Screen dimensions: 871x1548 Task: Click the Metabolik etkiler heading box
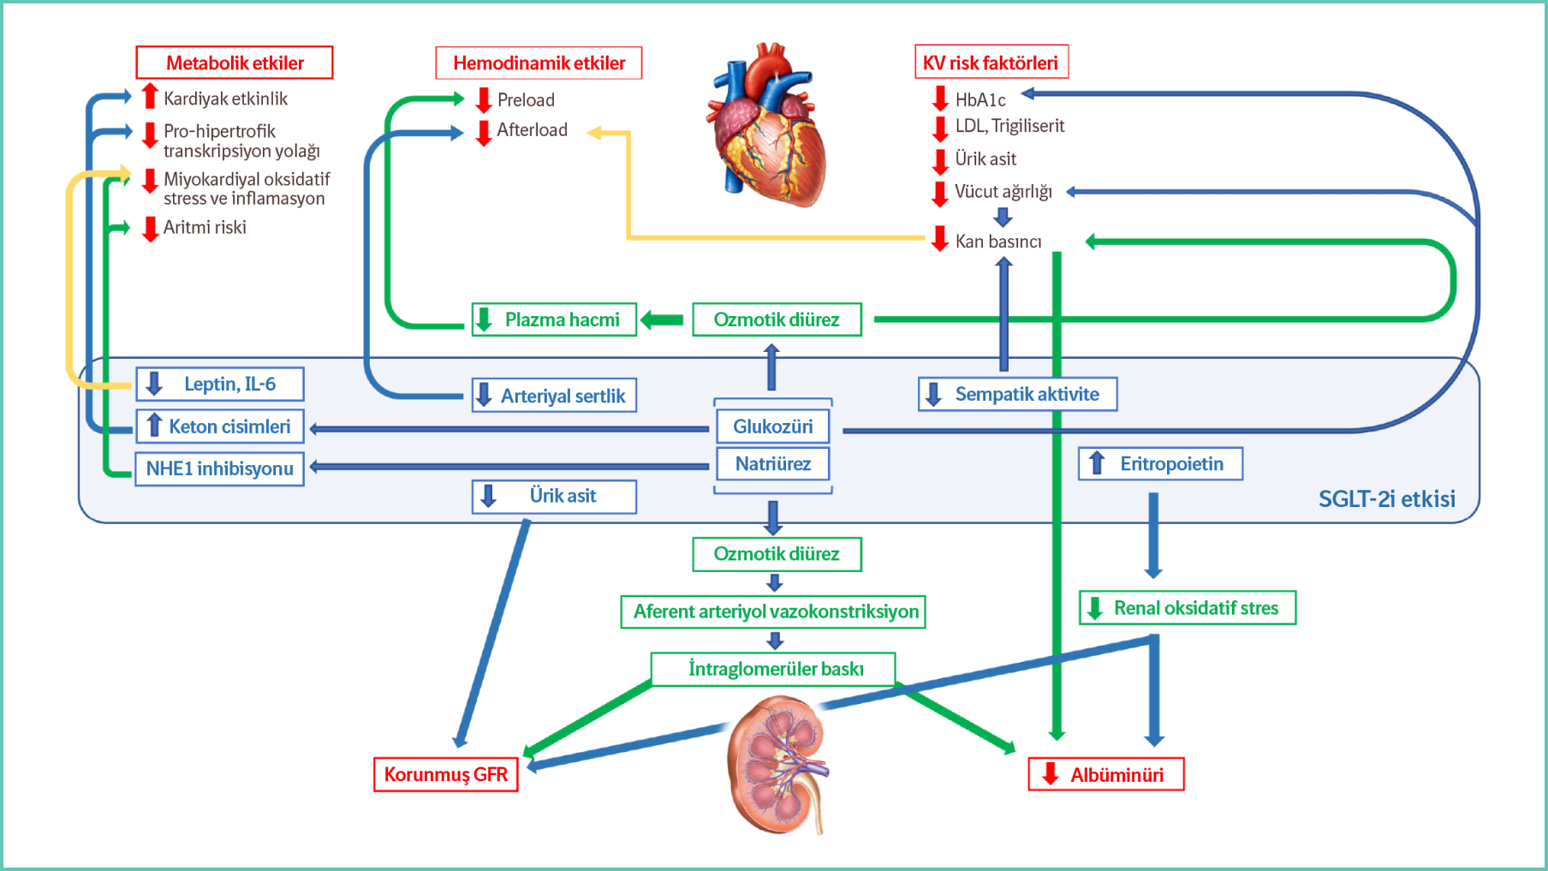pyautogui.click(x=234, y=63)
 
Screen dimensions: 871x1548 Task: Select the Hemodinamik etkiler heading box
pyautogui.click(x=539, y=63)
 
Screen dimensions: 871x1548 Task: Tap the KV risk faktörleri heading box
pyautogui.click(x=991, y=63)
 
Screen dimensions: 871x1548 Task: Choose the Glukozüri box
pyautogui.click(x=772, y=427)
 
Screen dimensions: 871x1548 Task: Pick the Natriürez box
pyautogui.click(x=772, y=464)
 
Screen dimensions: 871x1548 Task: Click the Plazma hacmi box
pyautogui.click(x=554, y=319)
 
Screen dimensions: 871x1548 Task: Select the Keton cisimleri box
pyautogui.click(x=220, y=427)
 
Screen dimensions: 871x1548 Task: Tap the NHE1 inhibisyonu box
pyautogui.click(x=219, y=468)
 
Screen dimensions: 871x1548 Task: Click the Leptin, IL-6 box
pyautogui.click(x=220, y=384)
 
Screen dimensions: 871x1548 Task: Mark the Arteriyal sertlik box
pyautogui.click(x=554, y=396)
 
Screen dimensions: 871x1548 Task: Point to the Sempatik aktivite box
pyautogui.click(x=1017, y=394)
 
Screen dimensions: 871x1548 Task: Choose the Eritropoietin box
pyautogui.click(x=1160, y=464)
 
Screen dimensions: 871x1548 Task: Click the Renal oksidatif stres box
pyautogui.click(x=1187, y=608)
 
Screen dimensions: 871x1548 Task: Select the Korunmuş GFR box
pyautogui.click(x=445, y=774)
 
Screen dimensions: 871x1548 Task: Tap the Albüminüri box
pyautogui.click(x=1105, y=774)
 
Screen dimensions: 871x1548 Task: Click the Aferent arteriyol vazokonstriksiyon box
pyautogui.click(x=773, y=611)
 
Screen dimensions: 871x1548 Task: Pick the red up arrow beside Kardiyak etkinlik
pyautogui.click(x=150, y=96)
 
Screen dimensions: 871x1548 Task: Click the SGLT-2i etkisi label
pyautogui.click(x=1386, y=498)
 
